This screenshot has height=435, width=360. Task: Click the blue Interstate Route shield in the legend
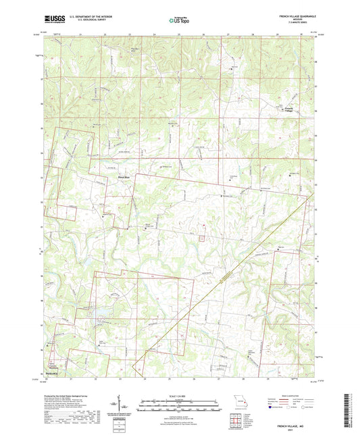[272, 408]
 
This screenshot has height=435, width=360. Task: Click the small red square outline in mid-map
[200, 236]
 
